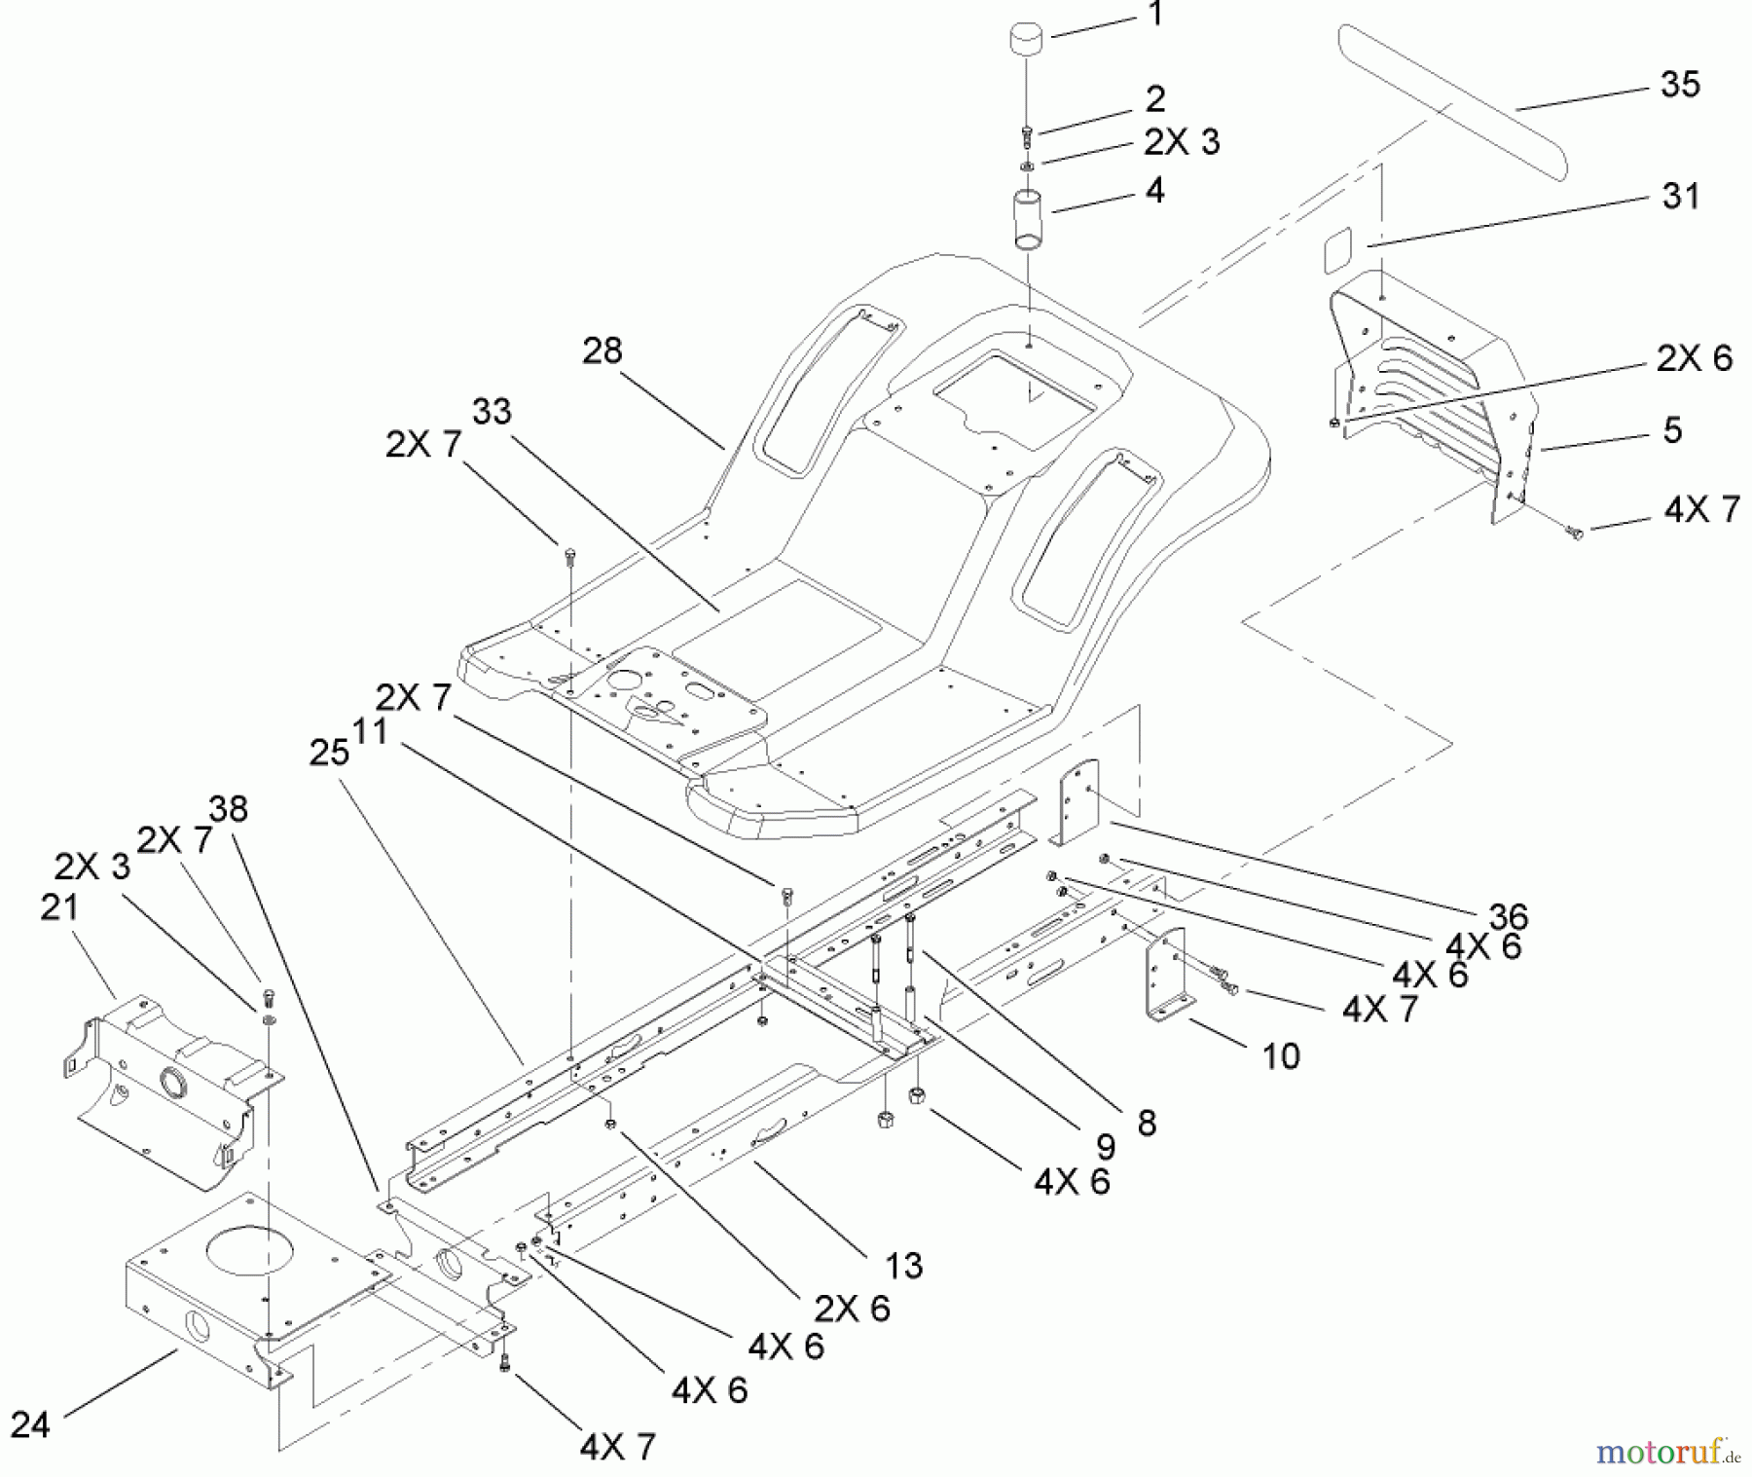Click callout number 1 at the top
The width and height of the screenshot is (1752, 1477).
click(1154, 16)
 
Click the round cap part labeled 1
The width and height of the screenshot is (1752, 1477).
click(1027, 44)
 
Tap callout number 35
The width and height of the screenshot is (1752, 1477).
click(1679, 86)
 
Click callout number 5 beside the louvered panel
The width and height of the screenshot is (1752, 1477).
click(1672, 430)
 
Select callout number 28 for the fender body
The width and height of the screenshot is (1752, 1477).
click(602, 351)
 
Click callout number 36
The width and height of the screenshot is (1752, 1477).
click(1508, 916)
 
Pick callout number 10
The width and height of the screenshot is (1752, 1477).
click(1281, 1056)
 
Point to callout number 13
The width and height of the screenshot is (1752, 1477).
click(903, 1265)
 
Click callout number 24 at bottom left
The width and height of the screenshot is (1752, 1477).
click(30, 1425)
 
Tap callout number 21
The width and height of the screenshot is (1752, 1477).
click(59, 907)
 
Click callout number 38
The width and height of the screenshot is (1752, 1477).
click(228, 809)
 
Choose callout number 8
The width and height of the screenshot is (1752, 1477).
click(1147, 1123)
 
